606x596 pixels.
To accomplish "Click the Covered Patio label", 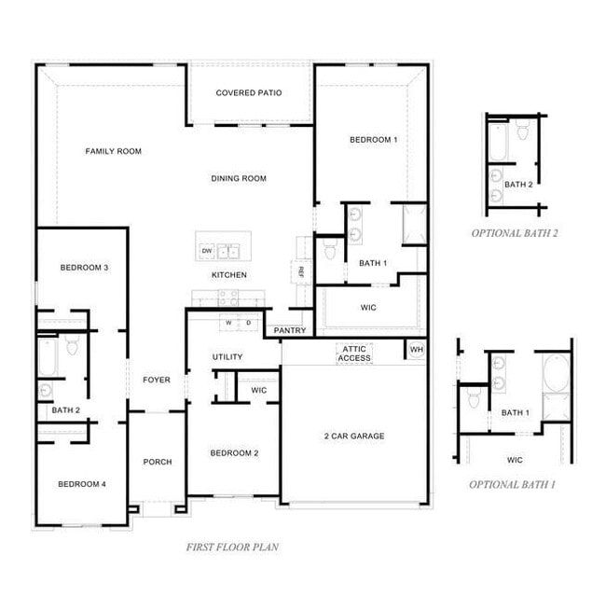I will (249, 93).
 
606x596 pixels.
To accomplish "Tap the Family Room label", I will (114, 151).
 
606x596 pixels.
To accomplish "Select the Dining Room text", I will (239, 179).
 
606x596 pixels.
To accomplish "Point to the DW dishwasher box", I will (207, 251).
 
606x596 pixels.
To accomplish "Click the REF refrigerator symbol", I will (302, 271).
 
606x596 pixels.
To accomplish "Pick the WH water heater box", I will (416, 350).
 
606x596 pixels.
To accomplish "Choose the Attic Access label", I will (354, 353).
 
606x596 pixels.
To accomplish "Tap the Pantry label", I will (290, 331).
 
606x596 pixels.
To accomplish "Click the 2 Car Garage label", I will (354, 436).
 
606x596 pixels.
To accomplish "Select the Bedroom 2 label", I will (234, 453).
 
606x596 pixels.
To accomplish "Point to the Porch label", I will (158, 462).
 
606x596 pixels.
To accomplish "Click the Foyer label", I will (157, 380).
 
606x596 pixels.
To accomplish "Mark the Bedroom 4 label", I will (82, 484).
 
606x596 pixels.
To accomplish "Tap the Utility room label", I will (227, 357).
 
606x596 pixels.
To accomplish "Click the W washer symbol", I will (227, 323).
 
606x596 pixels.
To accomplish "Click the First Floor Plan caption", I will (232, 547).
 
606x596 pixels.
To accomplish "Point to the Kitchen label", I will (229, 275).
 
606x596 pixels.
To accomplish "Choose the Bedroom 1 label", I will (374, 140).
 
